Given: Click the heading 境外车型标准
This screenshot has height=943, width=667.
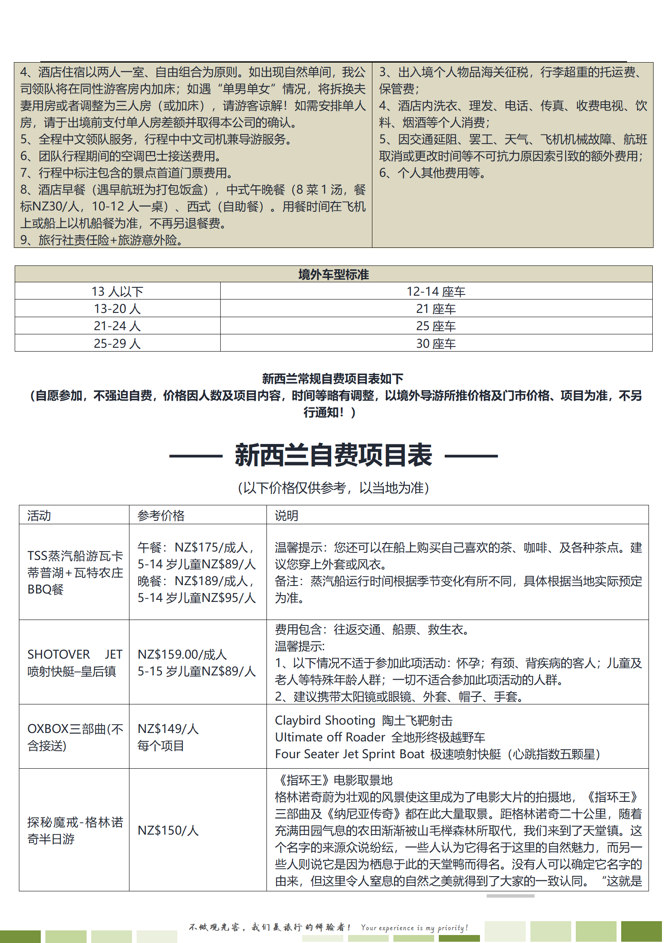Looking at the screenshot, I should tap(333, 275).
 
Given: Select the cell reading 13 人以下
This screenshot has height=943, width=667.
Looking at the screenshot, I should tap(117, 292).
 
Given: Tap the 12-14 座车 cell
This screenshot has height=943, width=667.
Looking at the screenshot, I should tap(436, 292).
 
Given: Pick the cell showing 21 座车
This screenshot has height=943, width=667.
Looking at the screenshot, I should tap(436, 309).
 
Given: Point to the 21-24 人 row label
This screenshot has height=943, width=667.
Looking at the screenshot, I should tap(117, 326).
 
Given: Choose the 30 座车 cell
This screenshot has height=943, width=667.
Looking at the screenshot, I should tap(436, 344).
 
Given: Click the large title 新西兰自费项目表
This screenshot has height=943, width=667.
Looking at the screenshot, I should tap(333, 455).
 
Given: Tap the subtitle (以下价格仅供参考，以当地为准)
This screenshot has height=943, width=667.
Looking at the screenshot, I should tap(333, 488).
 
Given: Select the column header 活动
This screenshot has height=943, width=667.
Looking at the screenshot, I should tap(39, 515).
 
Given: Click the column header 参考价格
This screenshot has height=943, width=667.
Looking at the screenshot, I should tap(161, 515).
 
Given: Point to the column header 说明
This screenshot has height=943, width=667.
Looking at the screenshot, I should tap(287, 515).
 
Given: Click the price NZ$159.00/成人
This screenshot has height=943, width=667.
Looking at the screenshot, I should tap(182, 654).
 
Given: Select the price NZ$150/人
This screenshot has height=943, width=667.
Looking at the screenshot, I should tap(168, 830).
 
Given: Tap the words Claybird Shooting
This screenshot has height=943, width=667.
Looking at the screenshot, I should tap(325, 720).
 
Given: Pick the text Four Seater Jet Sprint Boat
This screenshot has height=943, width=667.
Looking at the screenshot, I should tap(350, 754).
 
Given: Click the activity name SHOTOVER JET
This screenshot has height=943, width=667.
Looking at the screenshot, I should tap(75, 654).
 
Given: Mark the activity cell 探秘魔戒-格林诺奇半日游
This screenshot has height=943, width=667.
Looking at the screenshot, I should tap(75, 830).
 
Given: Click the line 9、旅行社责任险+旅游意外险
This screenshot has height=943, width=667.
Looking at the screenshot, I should tap(101, 240).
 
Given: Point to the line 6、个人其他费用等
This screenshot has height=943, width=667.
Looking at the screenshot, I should tap(432, 173).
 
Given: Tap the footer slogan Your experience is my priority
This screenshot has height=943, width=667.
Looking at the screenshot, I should tap(414, 927).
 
